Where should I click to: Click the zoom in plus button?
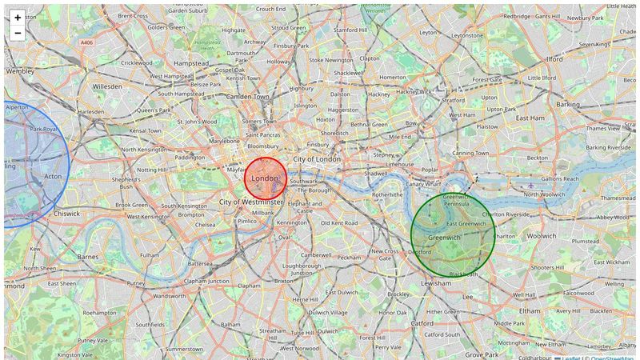(x=18, y=17)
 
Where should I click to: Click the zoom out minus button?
(x=18, y=33)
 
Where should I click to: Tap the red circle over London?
(x=266, y=178)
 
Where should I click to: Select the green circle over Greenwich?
(x=453, y=234)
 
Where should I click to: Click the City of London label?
(x=318, y=159)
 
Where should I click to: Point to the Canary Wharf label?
(x=423, y=184)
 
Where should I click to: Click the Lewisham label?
(x=436, y=283)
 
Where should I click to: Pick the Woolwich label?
(x=542, y=236)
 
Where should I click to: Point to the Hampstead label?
(x=191, y=62)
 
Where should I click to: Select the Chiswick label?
(x=66, y=214)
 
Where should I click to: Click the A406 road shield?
(x=86, y=42)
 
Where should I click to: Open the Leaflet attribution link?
(x=570, y=358)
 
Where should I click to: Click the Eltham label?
(x=530, y=310)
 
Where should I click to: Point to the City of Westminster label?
(x=251, y=202)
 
